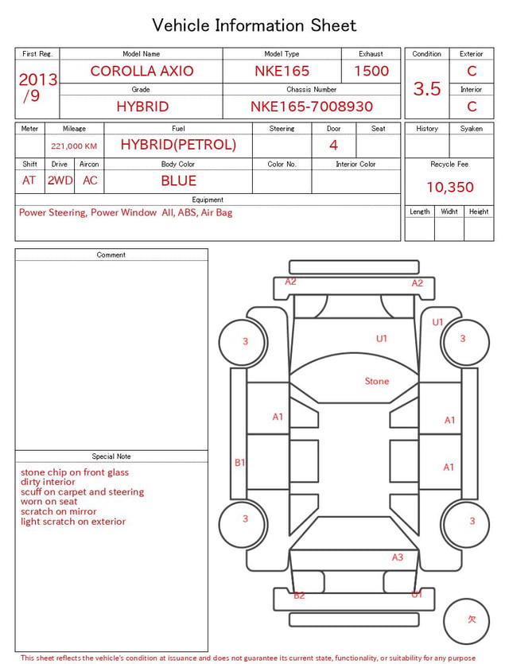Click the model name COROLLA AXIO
[142, 71]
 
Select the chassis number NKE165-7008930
[312, 107]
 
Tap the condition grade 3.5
[427, 88]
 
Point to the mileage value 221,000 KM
[74, 146]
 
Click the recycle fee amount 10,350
[449, 187]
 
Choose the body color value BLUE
[178, 181]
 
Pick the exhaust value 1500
[371, 71]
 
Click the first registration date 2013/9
[37, 87]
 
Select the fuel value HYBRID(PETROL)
[178, 145]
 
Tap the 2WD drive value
[60, 181]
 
